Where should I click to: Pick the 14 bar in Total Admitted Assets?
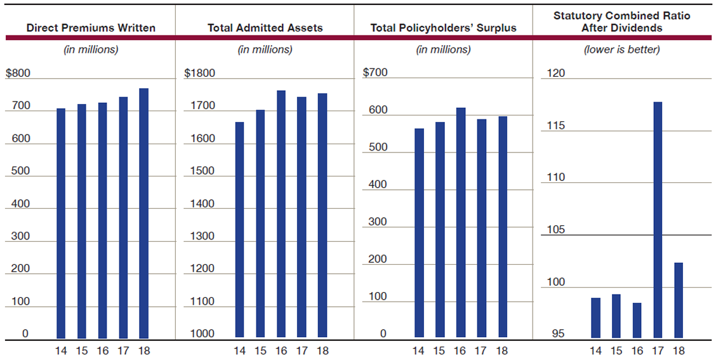[239, 229]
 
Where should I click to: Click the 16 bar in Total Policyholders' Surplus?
[460, 222]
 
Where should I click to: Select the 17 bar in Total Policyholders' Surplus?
[481, 228]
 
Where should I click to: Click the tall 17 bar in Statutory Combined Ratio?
[658, 220]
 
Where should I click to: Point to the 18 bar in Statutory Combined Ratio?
[679, 300]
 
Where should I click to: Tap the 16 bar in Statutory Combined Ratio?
[637, 320]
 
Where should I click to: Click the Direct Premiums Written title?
[91, 28]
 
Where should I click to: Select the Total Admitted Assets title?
[265, 28]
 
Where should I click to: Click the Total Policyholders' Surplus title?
[443, 28]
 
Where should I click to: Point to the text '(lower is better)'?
[621, 50]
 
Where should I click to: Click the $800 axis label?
[18, 73]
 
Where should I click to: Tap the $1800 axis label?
[199, 73]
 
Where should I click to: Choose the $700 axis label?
[375, 72]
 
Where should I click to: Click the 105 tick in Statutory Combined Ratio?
[556, 230]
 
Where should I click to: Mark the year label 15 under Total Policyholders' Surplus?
[439, 350]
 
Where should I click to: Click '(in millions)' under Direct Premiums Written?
[91, 50]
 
